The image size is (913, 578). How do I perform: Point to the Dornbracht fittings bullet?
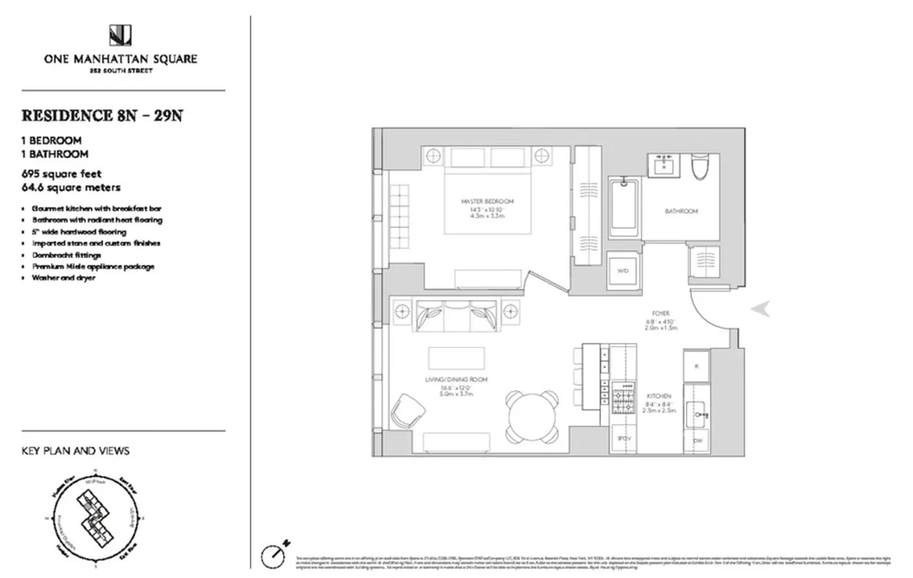click(x=66, y=255)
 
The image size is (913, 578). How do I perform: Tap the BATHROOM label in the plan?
click(x=681, y=212)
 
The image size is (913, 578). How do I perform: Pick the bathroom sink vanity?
click(x=664, y=165)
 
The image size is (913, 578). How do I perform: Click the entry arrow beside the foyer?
click(x=760, y=309)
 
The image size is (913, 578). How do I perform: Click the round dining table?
click(x=532, y=417)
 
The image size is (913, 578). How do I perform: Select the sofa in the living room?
click(x=454, y=316)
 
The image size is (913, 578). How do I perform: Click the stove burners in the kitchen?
click(x=621, y=398)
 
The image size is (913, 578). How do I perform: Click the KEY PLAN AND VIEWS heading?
click(x=76, y=451)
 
